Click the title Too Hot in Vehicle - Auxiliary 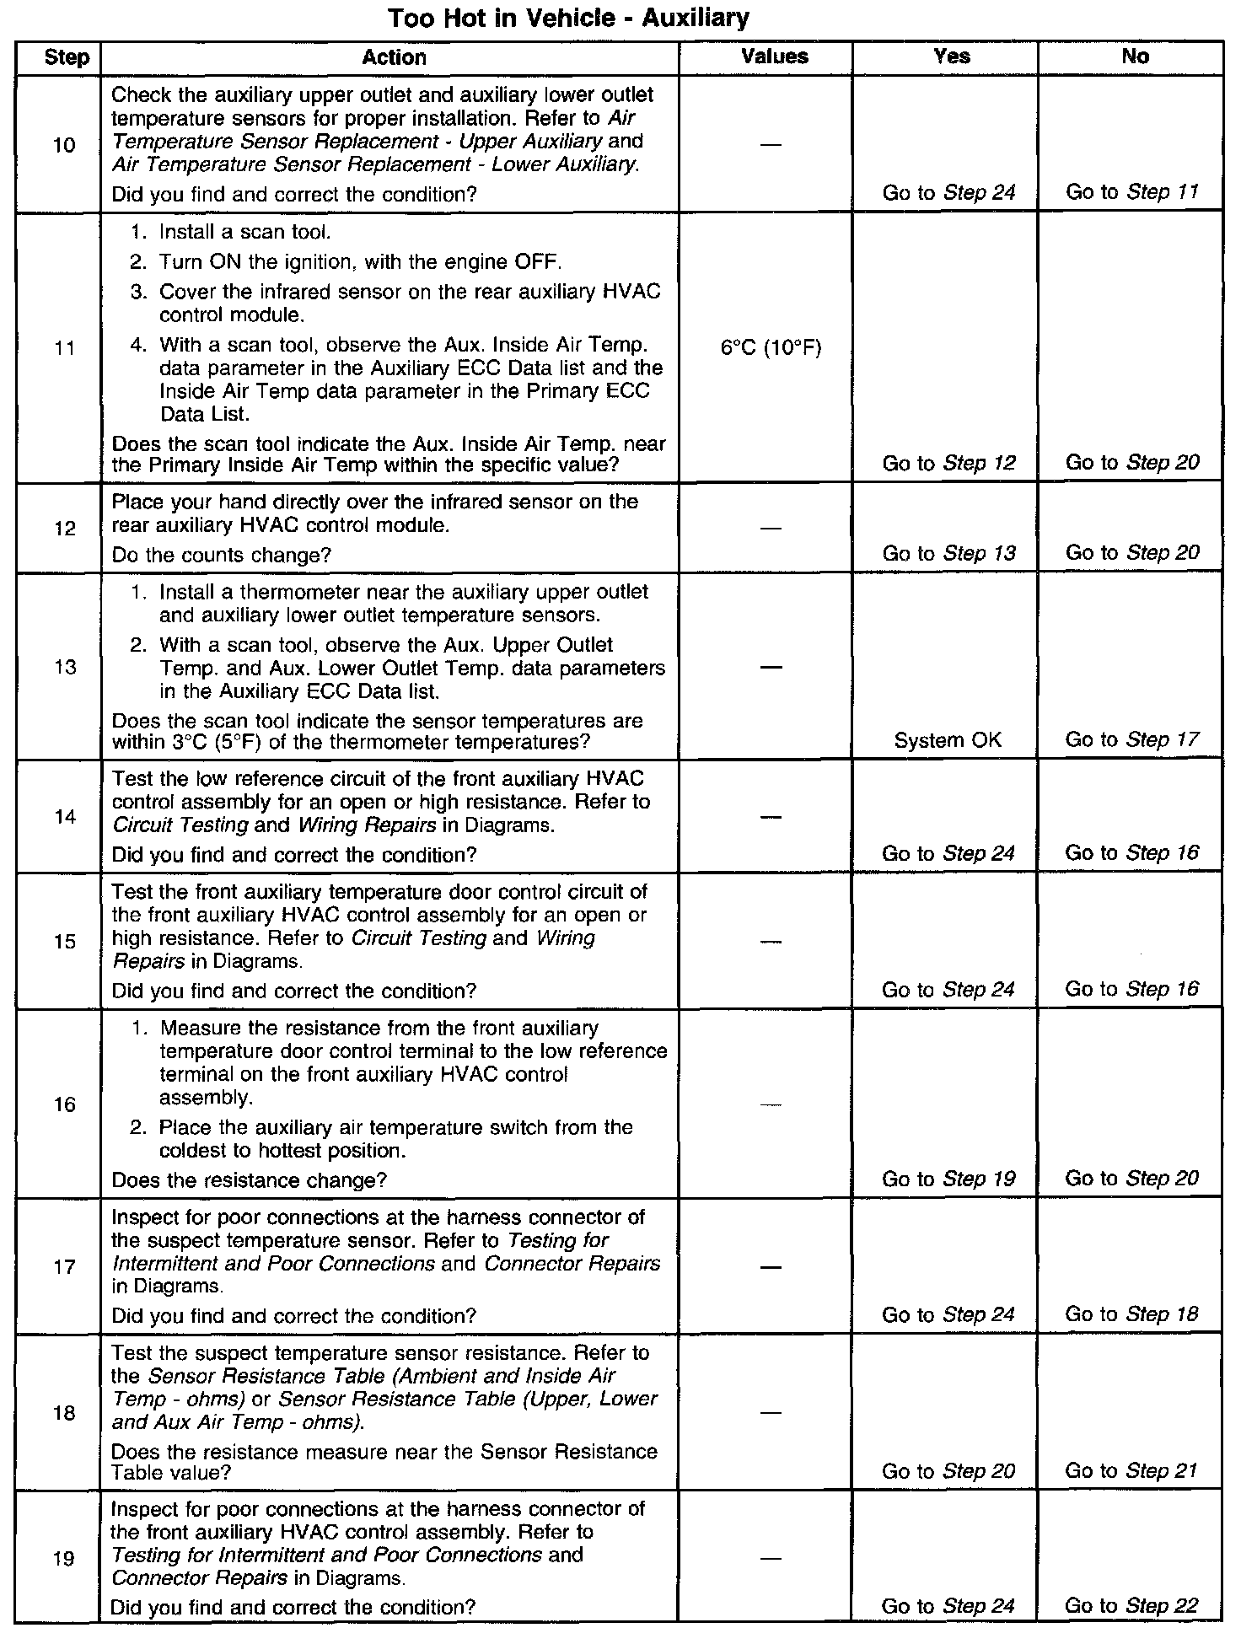click(568, 18)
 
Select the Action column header click(394, 57)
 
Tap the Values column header click(774, 56)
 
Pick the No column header click(1135, 56)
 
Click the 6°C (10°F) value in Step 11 click(771, 347)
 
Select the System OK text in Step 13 click(948, 740)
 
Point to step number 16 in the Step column click(65, 1104)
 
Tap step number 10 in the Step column click(64, 145)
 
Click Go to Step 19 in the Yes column click(948, 1179)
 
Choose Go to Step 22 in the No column click(1131, 1606)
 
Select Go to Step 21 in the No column click(1131, 1471)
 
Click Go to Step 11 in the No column click(1131, 192)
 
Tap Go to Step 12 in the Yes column click(948, 463)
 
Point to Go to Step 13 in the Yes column click(948, 553)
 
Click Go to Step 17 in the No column click(1131, 739)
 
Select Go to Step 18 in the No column click(1131, 1314)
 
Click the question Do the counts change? click(222, 555)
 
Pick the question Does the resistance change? click(250, 1180)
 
